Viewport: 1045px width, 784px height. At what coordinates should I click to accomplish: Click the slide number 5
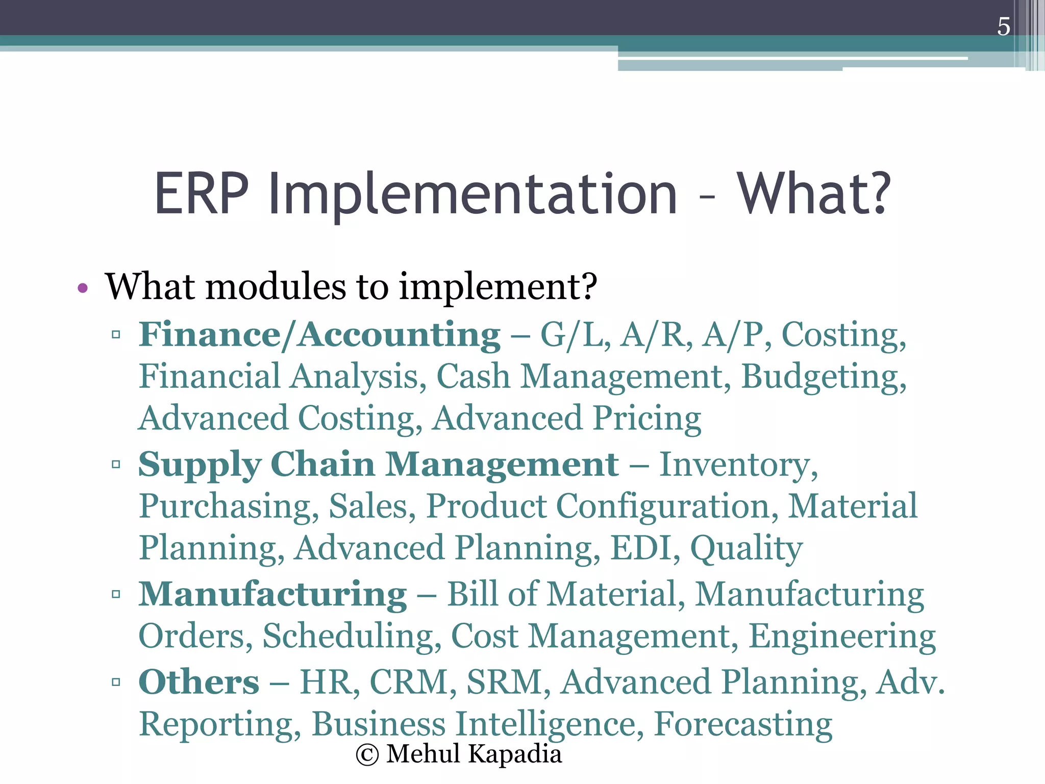pyautogui.click(x=1003, y=27)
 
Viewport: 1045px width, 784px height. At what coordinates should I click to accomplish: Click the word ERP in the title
pyautogui.click(x=201, y=193)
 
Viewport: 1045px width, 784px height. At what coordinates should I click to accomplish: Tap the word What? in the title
pyautogui.click(x=814, y=193)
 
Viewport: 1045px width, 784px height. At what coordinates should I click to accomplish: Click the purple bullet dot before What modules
pyautogui.click(x=83, y=288)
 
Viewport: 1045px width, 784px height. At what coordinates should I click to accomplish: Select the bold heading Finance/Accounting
pyautogui.click(x=319, y=335)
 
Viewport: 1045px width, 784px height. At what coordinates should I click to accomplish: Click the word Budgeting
pyautogui.click(x=823, y=378)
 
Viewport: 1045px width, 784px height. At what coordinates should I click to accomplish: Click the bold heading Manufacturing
pyautogui.click(x=273, y=595)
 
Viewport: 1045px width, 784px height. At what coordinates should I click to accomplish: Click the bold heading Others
pyautogui.click(x=199, y=682)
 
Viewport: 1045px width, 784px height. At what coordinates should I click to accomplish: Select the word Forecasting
pyautogui.click(x=743, y=725)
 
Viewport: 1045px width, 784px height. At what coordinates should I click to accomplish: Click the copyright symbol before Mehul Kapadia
pyautogui.click(x=367, y=755)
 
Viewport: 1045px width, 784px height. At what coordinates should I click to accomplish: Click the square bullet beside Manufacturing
pyautogui.click(x=116, y=594)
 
